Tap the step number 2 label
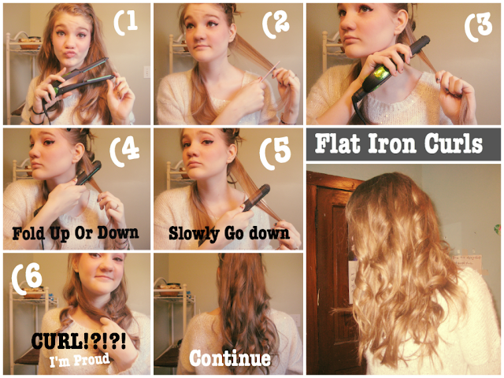pos(276,25)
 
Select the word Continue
pos(230,358)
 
